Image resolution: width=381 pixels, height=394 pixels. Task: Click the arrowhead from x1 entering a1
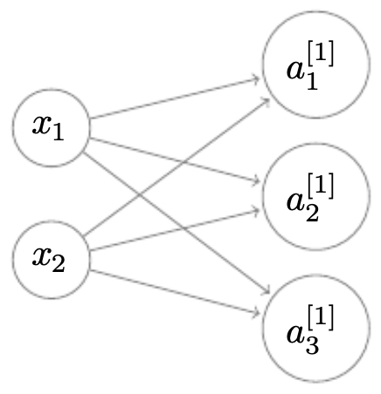click(x=256, y=78)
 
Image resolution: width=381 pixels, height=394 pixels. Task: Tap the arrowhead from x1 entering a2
click(x=256, y=180)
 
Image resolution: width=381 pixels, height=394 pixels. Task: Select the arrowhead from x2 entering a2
click(x=256, y=210)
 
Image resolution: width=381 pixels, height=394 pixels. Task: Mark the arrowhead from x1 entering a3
click(x=267, y=290)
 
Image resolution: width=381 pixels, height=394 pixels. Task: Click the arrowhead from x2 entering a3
click(x=256, y=313)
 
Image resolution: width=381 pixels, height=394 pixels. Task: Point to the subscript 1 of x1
click(x=59, y=133)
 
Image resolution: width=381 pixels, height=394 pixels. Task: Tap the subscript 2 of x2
click(x=59, y=265)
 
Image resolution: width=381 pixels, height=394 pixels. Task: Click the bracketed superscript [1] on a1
click(x=321, y=53)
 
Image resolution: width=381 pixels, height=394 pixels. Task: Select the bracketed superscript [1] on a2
click(x=321, y=186)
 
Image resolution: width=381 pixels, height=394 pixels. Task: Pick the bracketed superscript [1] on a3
click(x=321, y=317)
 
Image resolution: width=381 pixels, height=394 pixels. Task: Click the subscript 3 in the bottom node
click(x=312, y=346)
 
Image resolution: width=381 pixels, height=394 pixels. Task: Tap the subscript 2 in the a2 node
click(x=312, y=214)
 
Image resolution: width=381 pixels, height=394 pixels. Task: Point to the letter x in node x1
click(x=42, y=126)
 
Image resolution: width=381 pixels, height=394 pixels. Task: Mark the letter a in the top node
click(x=295, y=70)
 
